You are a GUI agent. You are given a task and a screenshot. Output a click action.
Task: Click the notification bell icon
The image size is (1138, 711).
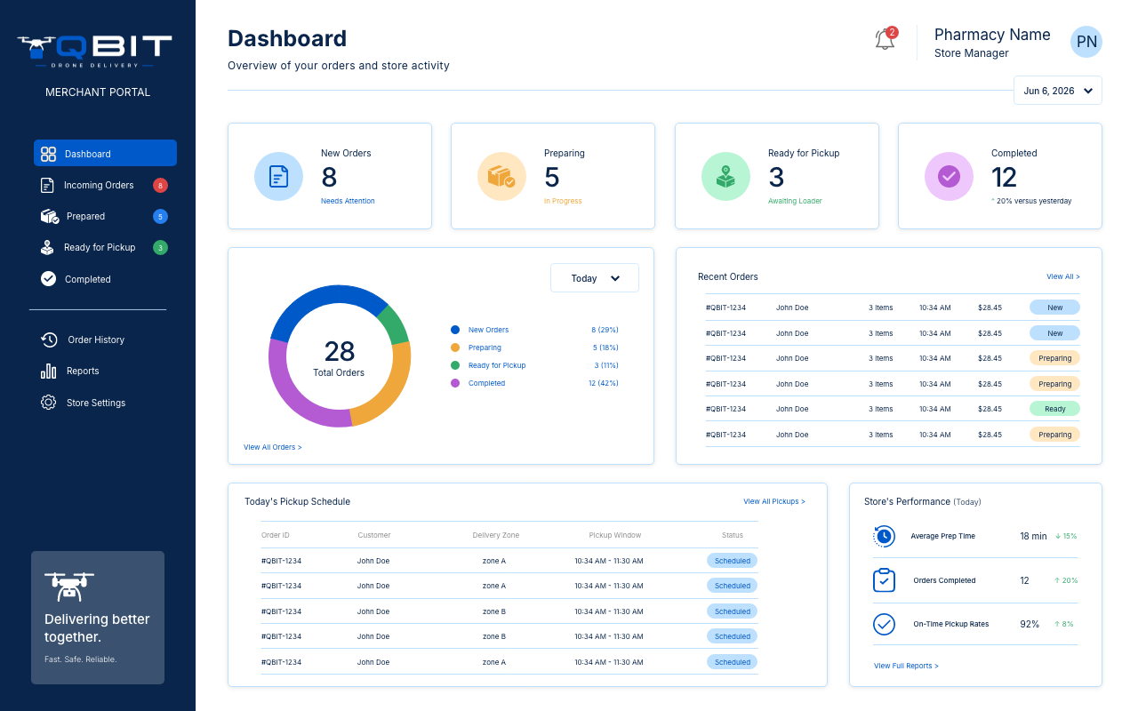[x=885, y=39]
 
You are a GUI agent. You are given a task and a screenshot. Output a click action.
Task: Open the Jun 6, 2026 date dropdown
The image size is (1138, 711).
[x=1058, y=91]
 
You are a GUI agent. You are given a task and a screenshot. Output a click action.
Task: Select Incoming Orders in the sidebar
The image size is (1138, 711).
[x=99, y=186]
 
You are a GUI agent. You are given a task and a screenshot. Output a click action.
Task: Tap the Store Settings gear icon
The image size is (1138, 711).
[x=48, y=403]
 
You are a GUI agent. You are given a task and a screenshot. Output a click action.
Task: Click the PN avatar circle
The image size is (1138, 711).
[x=1086, y=42]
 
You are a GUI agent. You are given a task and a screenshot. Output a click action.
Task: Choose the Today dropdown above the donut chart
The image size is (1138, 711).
[x=595, y=278]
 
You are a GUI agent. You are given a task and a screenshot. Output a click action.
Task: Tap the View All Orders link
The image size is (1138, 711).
[x=272, y=447]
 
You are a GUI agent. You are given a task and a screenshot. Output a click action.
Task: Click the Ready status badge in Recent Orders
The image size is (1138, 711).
[x=1054, y=409]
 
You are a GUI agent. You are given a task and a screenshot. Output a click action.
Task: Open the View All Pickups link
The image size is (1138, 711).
[x=773, y=501]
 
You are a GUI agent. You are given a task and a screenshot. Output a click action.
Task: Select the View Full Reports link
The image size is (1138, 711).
[x=906, y=666]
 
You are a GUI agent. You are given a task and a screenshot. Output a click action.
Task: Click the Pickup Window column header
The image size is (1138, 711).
[x=614, y=535]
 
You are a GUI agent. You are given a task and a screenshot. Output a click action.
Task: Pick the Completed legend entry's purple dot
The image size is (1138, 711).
[x=455, y=383]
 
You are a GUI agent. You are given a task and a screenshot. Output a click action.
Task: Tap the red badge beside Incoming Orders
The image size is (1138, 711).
[x=160, y=186]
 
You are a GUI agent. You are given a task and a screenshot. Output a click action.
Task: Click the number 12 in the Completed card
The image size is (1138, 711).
[x=1004, y=177]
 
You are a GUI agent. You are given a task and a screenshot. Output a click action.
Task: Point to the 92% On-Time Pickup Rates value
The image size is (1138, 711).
[x=1030, y=624]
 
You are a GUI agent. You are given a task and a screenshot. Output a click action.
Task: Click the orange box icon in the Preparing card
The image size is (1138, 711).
[x=501, y=176]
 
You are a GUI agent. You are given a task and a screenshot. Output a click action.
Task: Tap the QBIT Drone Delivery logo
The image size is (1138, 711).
[x=95, y=51]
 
